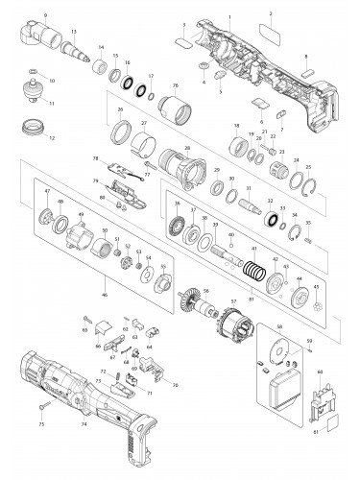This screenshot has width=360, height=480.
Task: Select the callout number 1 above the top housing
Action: coord(229,7)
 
